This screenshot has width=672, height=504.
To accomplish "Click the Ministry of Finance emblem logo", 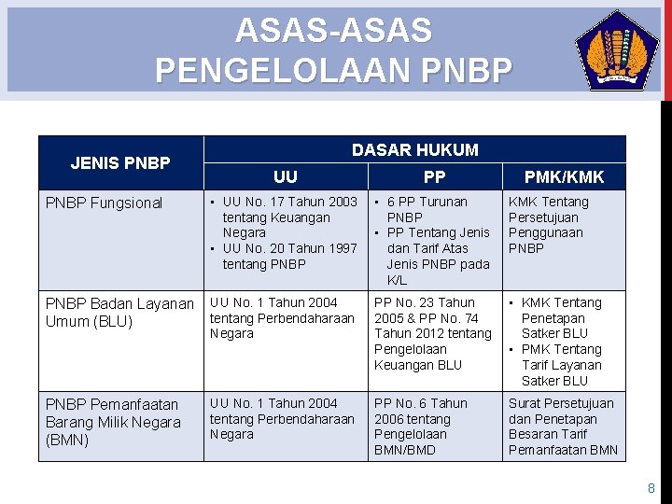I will click(617, 50).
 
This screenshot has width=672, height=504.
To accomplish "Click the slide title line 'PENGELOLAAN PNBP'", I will click(333, 70).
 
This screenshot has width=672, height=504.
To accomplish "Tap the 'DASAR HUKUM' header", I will click(414, 149).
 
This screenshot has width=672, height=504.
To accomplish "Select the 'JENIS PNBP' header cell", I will click(120, 163).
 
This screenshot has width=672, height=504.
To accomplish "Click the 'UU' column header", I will click(286, 176).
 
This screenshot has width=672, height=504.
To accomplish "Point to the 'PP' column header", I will click(434, 176).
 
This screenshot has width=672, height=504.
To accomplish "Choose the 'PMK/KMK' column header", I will click(564, 176).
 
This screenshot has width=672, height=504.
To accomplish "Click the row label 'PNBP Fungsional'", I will click(105, 203).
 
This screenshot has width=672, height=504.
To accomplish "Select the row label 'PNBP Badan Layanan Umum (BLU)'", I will click(119, 313).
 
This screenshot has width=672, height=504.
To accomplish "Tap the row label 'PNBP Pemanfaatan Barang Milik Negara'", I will click(113, 422).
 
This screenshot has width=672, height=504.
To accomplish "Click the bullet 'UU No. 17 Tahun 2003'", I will click(289, 217).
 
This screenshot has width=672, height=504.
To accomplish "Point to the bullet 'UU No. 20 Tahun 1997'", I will click(289, 256).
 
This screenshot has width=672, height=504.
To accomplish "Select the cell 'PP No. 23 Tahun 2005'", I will click(432, 333).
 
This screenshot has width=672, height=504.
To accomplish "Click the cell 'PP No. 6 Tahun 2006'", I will click(421, 427).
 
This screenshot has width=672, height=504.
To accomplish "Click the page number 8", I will click(651, 488).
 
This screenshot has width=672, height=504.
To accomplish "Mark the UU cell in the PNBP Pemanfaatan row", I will click(282, 419).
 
